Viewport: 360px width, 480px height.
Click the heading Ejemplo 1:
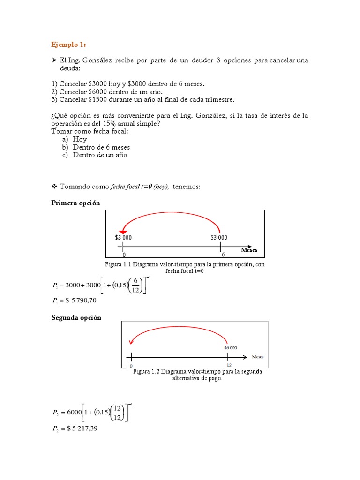(x=68, y=45)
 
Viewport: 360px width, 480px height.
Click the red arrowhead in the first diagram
(x=122, y=231)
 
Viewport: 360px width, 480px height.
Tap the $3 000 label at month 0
(x=123, y=238)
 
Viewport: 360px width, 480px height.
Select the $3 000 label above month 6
(x=219, y=238)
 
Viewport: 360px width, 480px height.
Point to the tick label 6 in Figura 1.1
(x=223, y=255)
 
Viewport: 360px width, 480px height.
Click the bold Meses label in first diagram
(x=249, y=250)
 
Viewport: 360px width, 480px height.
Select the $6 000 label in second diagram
(x=230, y=348)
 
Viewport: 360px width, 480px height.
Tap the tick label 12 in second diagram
(x=229, y=365)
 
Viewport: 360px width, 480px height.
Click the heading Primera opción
(x=75, y=203)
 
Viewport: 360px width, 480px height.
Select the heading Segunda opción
(x=76, y=318)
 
